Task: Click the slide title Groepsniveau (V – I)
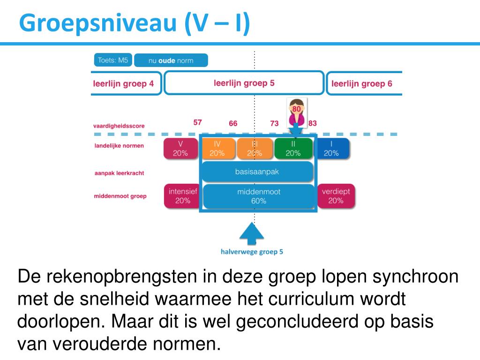(x=135, y=23)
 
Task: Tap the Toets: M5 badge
(x=113, y=60)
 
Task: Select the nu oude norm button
(x=171, y=60)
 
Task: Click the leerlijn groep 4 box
(x=125, y=84)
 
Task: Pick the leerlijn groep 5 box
(x=244, y=83)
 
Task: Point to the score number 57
(x=198, y=122)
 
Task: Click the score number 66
(x=233, y=123)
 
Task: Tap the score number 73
(x=274, y=123)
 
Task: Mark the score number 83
(x=313, y=123)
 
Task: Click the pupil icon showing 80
(x=296, y=112)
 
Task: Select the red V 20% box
(x=180, y=148)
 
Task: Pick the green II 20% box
(x=293, y=148)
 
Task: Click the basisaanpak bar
(x=257, y=172)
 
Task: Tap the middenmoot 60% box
(x=258, y=196)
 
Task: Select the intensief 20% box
(x=183, y=196)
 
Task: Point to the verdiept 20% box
(x=336, y=196)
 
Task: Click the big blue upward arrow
(x=252, y=233)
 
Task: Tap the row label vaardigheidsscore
(x=119, y=126)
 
